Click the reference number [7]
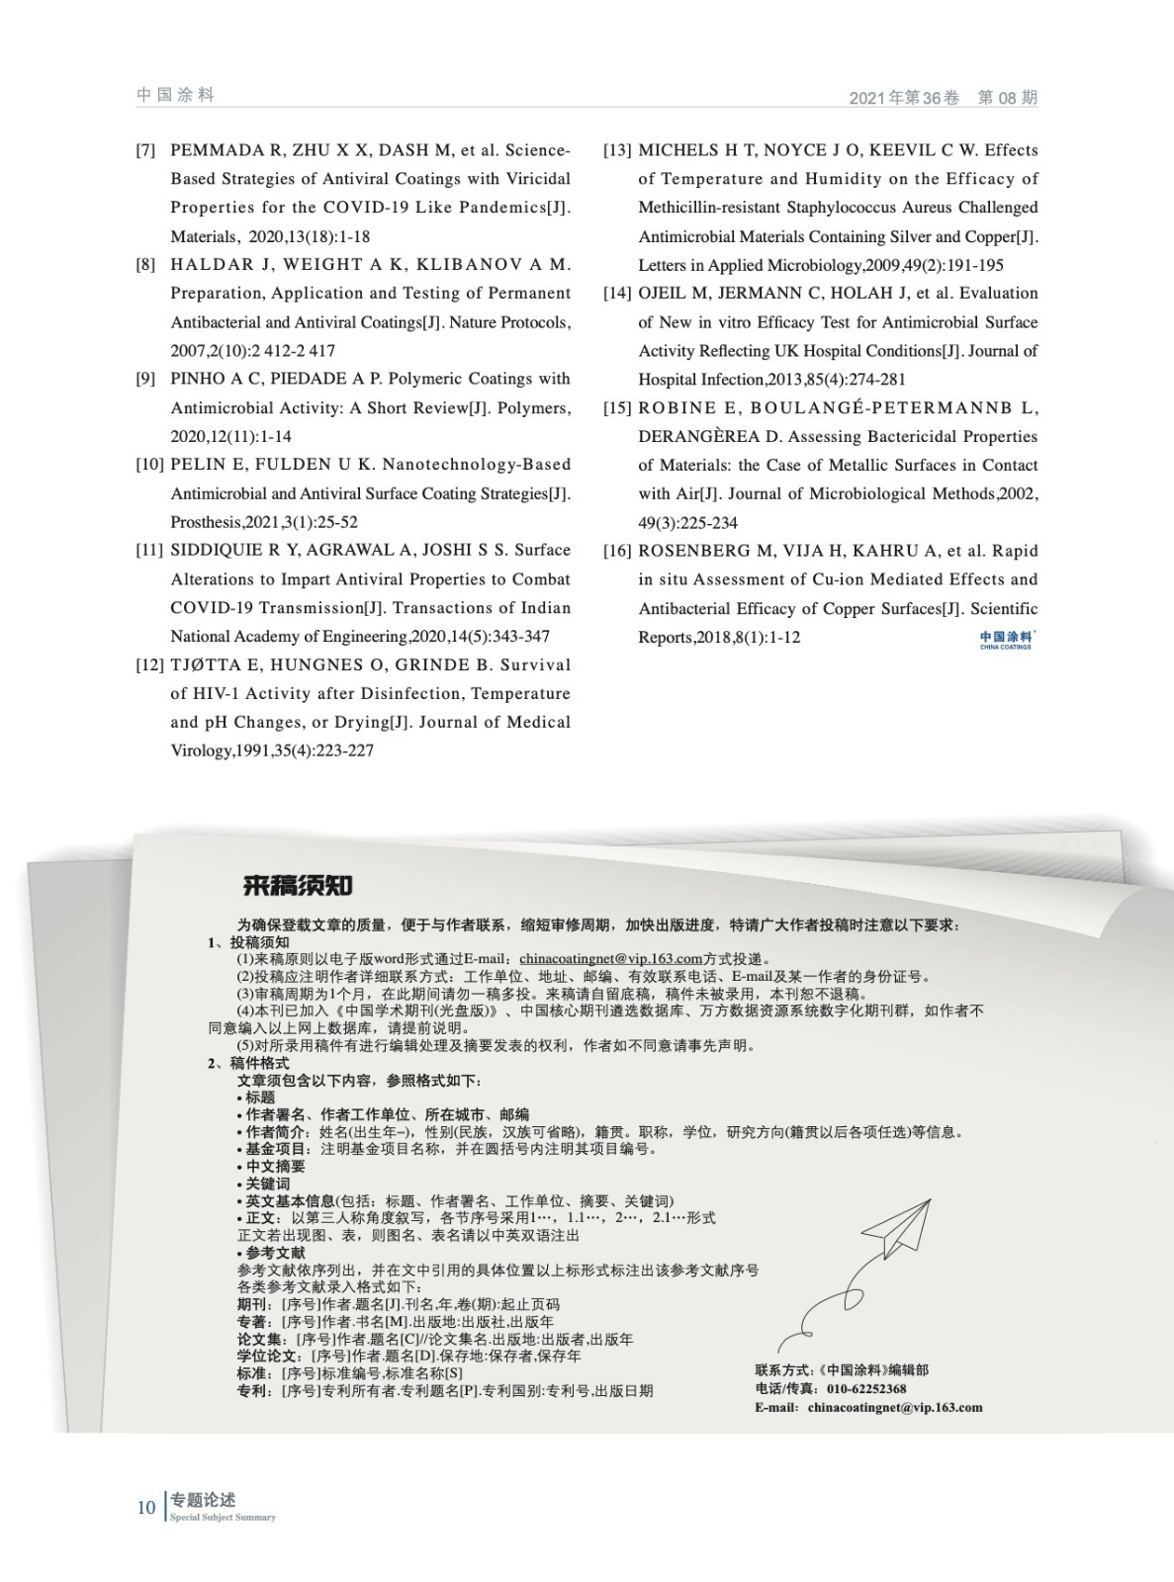point(145,150)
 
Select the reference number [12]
point(149,665)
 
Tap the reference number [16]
point(617,551)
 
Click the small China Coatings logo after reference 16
point(1005,640)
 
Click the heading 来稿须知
point(298,885)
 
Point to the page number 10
point(146,1507)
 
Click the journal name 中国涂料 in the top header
point(175,95)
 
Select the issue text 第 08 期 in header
point(1007,98)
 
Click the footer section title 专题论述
point(203,1500)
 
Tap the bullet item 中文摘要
point(275,1166)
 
